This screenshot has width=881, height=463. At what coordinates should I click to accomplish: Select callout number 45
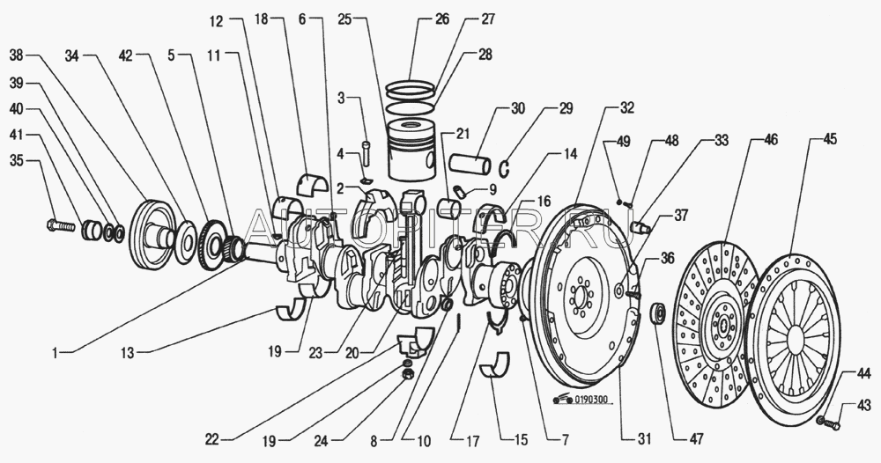point(830,139)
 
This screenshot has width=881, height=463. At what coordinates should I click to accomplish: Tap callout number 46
point(771,139)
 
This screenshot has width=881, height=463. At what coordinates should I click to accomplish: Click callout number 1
point(55,353)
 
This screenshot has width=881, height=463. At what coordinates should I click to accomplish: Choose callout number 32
point(626,109)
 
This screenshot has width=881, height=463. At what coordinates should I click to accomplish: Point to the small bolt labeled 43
point(825,423)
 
